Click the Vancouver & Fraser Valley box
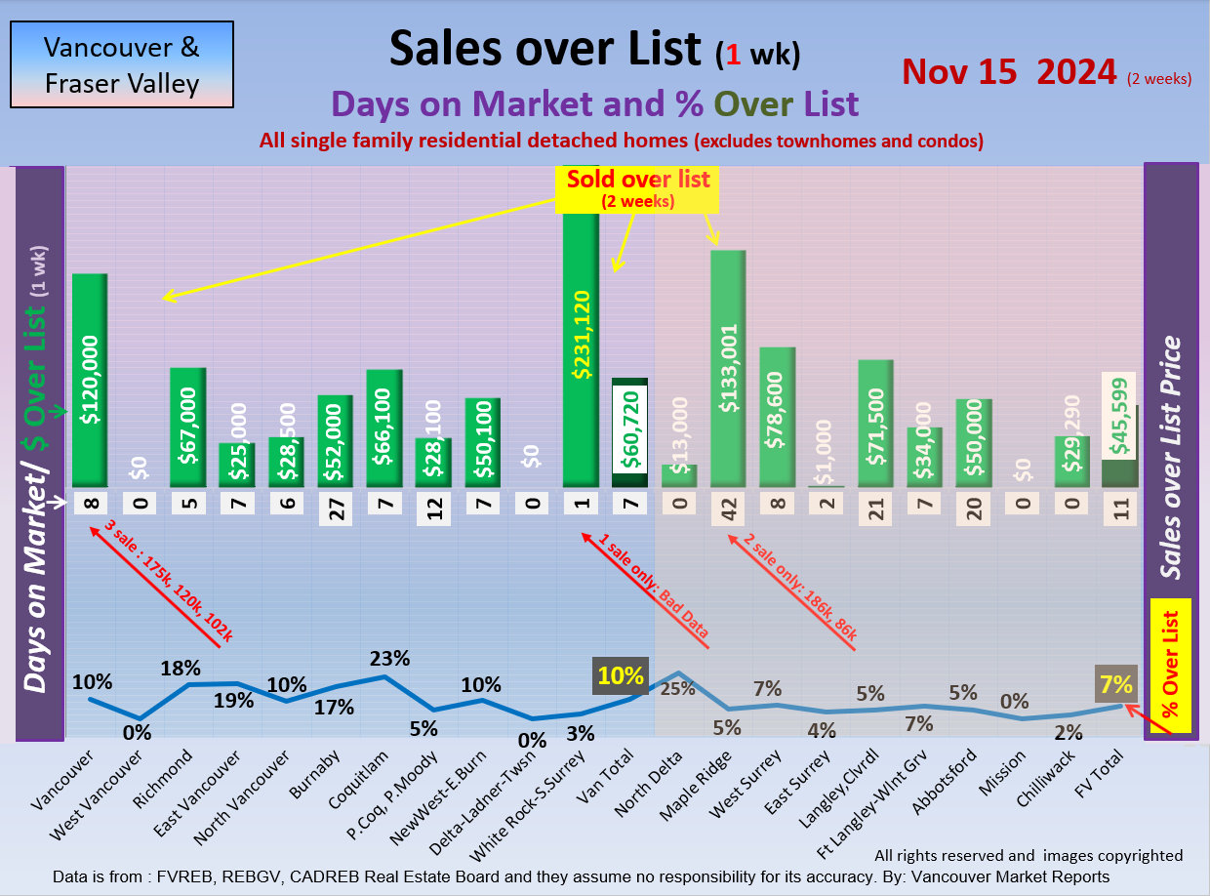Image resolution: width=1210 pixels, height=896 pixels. [x=122, y=64]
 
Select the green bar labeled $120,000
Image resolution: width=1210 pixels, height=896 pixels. [x=90, y=381]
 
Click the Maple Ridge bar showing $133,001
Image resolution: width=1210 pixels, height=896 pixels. [x=728, y=369]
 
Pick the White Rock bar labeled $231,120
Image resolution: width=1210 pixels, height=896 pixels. [x=581, y=346]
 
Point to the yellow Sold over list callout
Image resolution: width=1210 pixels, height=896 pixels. [x=639, y=188]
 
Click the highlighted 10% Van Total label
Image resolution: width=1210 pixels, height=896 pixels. [x=622, y=675]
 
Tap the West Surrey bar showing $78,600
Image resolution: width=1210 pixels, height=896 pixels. [x=777, y=418]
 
